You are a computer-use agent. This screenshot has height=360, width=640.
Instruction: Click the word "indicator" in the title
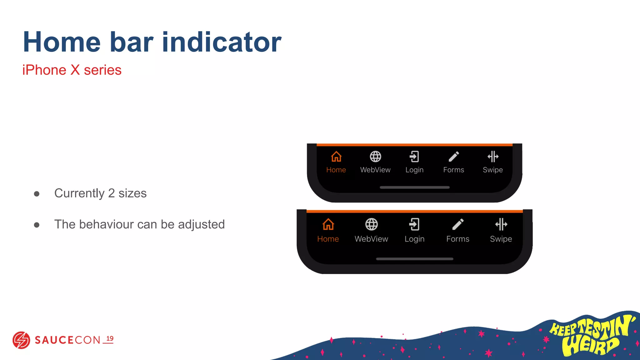point(222,42)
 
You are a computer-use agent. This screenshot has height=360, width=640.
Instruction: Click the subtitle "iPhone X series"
point(72,70)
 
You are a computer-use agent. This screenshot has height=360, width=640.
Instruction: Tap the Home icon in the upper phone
point(336,157)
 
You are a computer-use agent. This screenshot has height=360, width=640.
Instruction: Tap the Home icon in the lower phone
point(328,224)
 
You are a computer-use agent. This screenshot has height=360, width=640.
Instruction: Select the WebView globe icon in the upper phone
point(375,157)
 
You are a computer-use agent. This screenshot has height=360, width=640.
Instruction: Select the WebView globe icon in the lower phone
point(372,224)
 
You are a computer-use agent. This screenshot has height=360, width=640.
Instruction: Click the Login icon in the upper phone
point(414,157)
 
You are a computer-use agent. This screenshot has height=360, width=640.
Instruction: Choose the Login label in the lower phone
point(414,239)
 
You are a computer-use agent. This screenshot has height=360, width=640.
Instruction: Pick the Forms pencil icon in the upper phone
point(454,157)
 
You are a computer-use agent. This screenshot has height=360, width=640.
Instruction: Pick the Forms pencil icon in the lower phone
point(458,224)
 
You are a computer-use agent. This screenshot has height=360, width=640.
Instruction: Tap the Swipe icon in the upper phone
point(493,157)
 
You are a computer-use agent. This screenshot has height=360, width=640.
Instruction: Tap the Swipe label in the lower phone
point(501,239)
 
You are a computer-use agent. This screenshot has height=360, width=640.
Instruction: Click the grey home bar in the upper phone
point(415,187)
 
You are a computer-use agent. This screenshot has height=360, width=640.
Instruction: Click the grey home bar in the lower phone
point(415,259)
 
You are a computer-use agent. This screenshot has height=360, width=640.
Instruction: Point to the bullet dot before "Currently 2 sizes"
point(37,194)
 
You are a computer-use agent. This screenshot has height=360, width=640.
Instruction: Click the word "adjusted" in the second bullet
point(201,225)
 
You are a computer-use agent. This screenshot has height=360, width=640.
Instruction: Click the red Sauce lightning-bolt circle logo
point(21,340)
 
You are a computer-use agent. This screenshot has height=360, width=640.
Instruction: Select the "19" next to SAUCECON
point(110,339)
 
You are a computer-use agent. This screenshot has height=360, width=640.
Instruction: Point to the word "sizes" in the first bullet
point(132,193)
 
